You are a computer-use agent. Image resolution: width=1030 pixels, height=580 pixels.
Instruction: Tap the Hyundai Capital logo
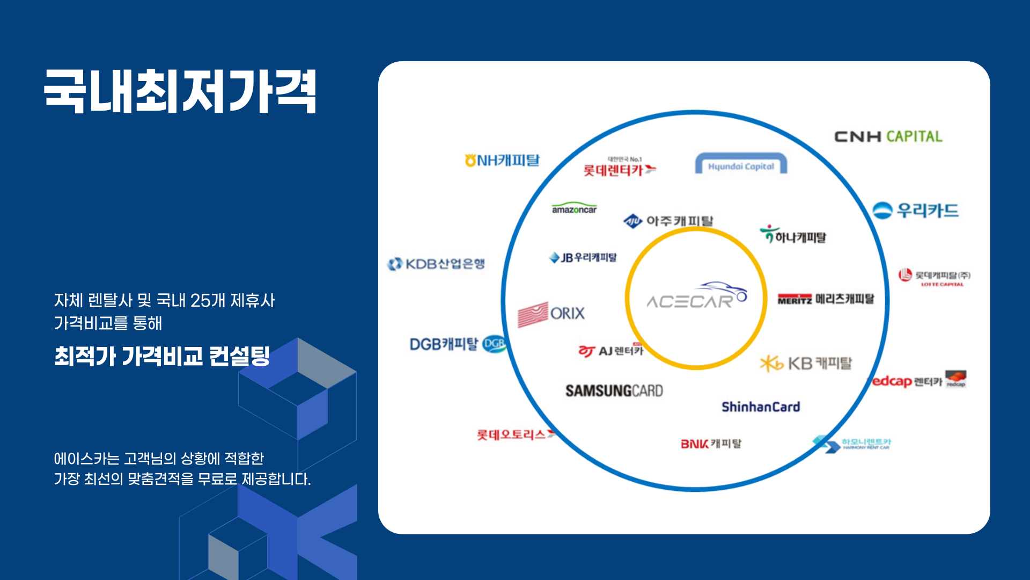pos(741,164)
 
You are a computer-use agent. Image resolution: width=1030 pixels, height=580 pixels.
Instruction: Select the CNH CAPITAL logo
pos(888,136)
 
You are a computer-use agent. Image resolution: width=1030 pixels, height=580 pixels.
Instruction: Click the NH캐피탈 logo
pos(502,160)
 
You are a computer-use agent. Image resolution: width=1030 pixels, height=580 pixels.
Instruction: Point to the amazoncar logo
pos(574,208)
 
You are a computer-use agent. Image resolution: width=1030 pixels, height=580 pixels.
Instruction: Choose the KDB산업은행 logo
pos(436,264)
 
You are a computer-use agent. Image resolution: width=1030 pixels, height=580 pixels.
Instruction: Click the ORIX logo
pos(551,314)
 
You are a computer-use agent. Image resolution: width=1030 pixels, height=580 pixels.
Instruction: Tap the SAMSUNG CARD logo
pos(614,390)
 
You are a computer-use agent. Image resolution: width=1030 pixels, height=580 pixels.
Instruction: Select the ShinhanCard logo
pos(760,407)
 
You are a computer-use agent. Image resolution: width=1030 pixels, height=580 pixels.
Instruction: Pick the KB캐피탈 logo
pos(806,364)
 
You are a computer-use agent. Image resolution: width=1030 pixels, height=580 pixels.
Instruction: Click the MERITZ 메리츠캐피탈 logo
pos(826,299)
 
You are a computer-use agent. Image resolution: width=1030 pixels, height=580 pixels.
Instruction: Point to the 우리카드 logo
pos(915,211)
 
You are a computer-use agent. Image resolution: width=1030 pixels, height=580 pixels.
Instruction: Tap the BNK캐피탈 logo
pos(711,444)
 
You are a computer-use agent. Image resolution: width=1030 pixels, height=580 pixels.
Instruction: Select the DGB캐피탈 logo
pos(458,344)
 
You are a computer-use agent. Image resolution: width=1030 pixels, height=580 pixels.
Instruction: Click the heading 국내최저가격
pos(180,91)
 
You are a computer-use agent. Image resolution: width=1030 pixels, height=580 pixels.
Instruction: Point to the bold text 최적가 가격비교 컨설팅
pos(162,356)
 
